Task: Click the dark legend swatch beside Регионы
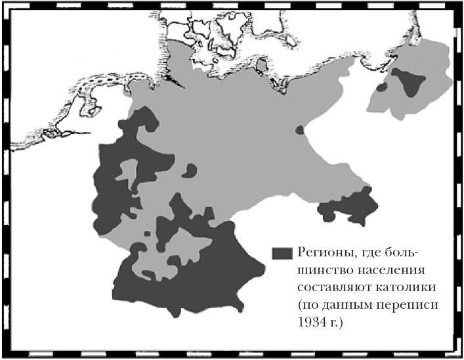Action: pyautogui.click(x=282, y=252)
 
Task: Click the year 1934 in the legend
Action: pyautogui.click(x=312, y=323)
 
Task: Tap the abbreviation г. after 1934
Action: pyautogui.click(x=340, y=323)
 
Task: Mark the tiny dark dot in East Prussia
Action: pyautogui.click(x=382, y=87)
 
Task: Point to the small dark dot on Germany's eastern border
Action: pyautogui.click(x=300, y=130)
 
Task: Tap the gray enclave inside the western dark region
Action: pyautogui.click(x=131, y=173)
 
